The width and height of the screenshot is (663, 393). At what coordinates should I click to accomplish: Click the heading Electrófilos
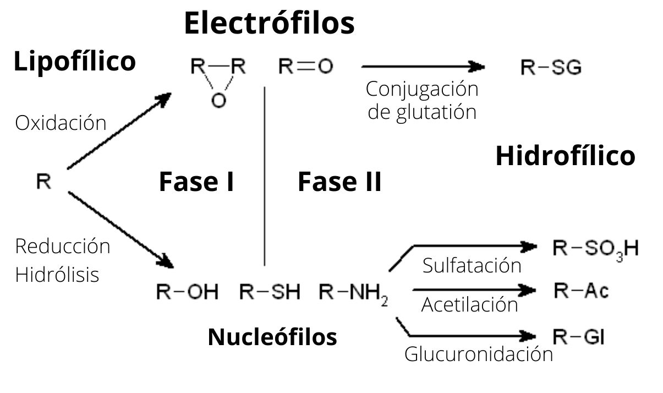[269, 23]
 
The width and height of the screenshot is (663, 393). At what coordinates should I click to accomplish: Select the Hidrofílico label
[565, 156]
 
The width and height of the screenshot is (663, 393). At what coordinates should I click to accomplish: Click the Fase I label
[196, 182]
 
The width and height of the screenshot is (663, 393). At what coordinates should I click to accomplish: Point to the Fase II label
[339, 182]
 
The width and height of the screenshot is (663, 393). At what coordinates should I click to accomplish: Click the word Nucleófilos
[272, 336]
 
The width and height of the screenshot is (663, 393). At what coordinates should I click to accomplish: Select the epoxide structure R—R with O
[218, 81]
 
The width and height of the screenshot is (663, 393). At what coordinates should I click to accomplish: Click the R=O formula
[305, 67]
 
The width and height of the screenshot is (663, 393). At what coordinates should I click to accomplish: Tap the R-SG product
[551, 68]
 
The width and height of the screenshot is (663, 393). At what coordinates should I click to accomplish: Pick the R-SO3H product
[595, 249]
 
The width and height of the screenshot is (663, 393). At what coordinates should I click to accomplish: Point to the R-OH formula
[187, 292]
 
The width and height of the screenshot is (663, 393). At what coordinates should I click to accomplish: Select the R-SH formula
[270, 292]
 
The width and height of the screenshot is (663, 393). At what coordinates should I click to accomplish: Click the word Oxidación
[61, 123]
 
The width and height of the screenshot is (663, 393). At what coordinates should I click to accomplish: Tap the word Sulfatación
[472, 265]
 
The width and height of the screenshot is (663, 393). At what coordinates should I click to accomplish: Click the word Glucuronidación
[478, 354]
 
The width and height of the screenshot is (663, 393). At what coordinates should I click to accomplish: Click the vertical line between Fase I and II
[265, 176]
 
